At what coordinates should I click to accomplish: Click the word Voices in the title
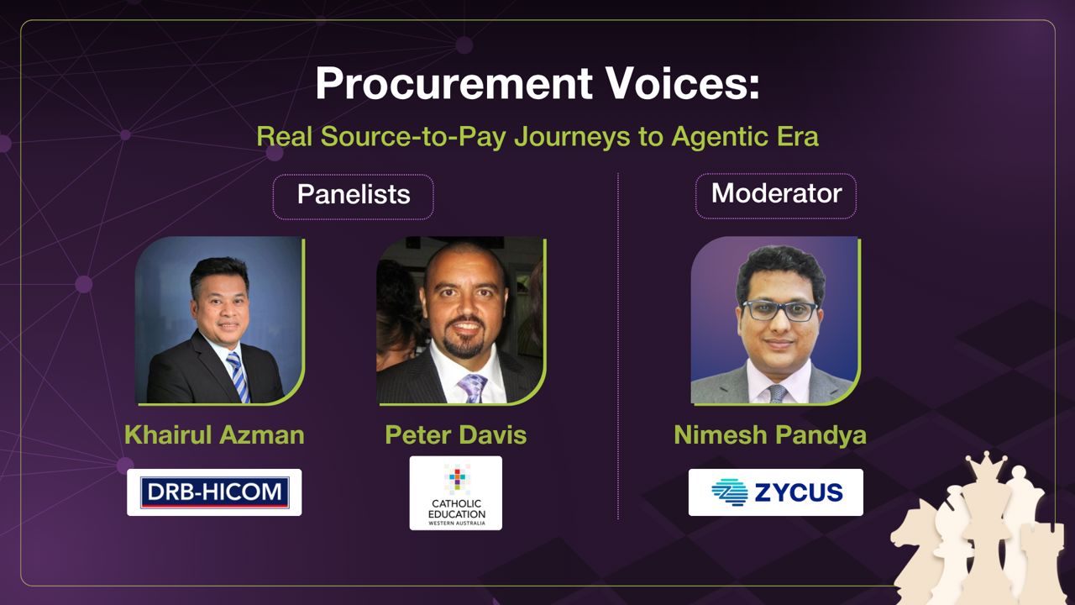(673, 85)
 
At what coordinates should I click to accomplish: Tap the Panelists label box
(353, 196)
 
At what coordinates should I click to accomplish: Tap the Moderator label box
(776, 195)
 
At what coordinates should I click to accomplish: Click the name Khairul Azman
(214, 435)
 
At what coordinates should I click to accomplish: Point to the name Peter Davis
(456, 435)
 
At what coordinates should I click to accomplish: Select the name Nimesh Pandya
(770, 435)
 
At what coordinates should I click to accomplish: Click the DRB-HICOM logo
(214, 492)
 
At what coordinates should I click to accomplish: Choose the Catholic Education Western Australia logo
(456, 493)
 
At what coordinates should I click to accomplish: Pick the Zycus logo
(776, 492)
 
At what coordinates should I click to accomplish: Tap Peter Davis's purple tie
(472, 387)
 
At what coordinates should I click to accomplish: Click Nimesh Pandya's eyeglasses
(780, 310)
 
